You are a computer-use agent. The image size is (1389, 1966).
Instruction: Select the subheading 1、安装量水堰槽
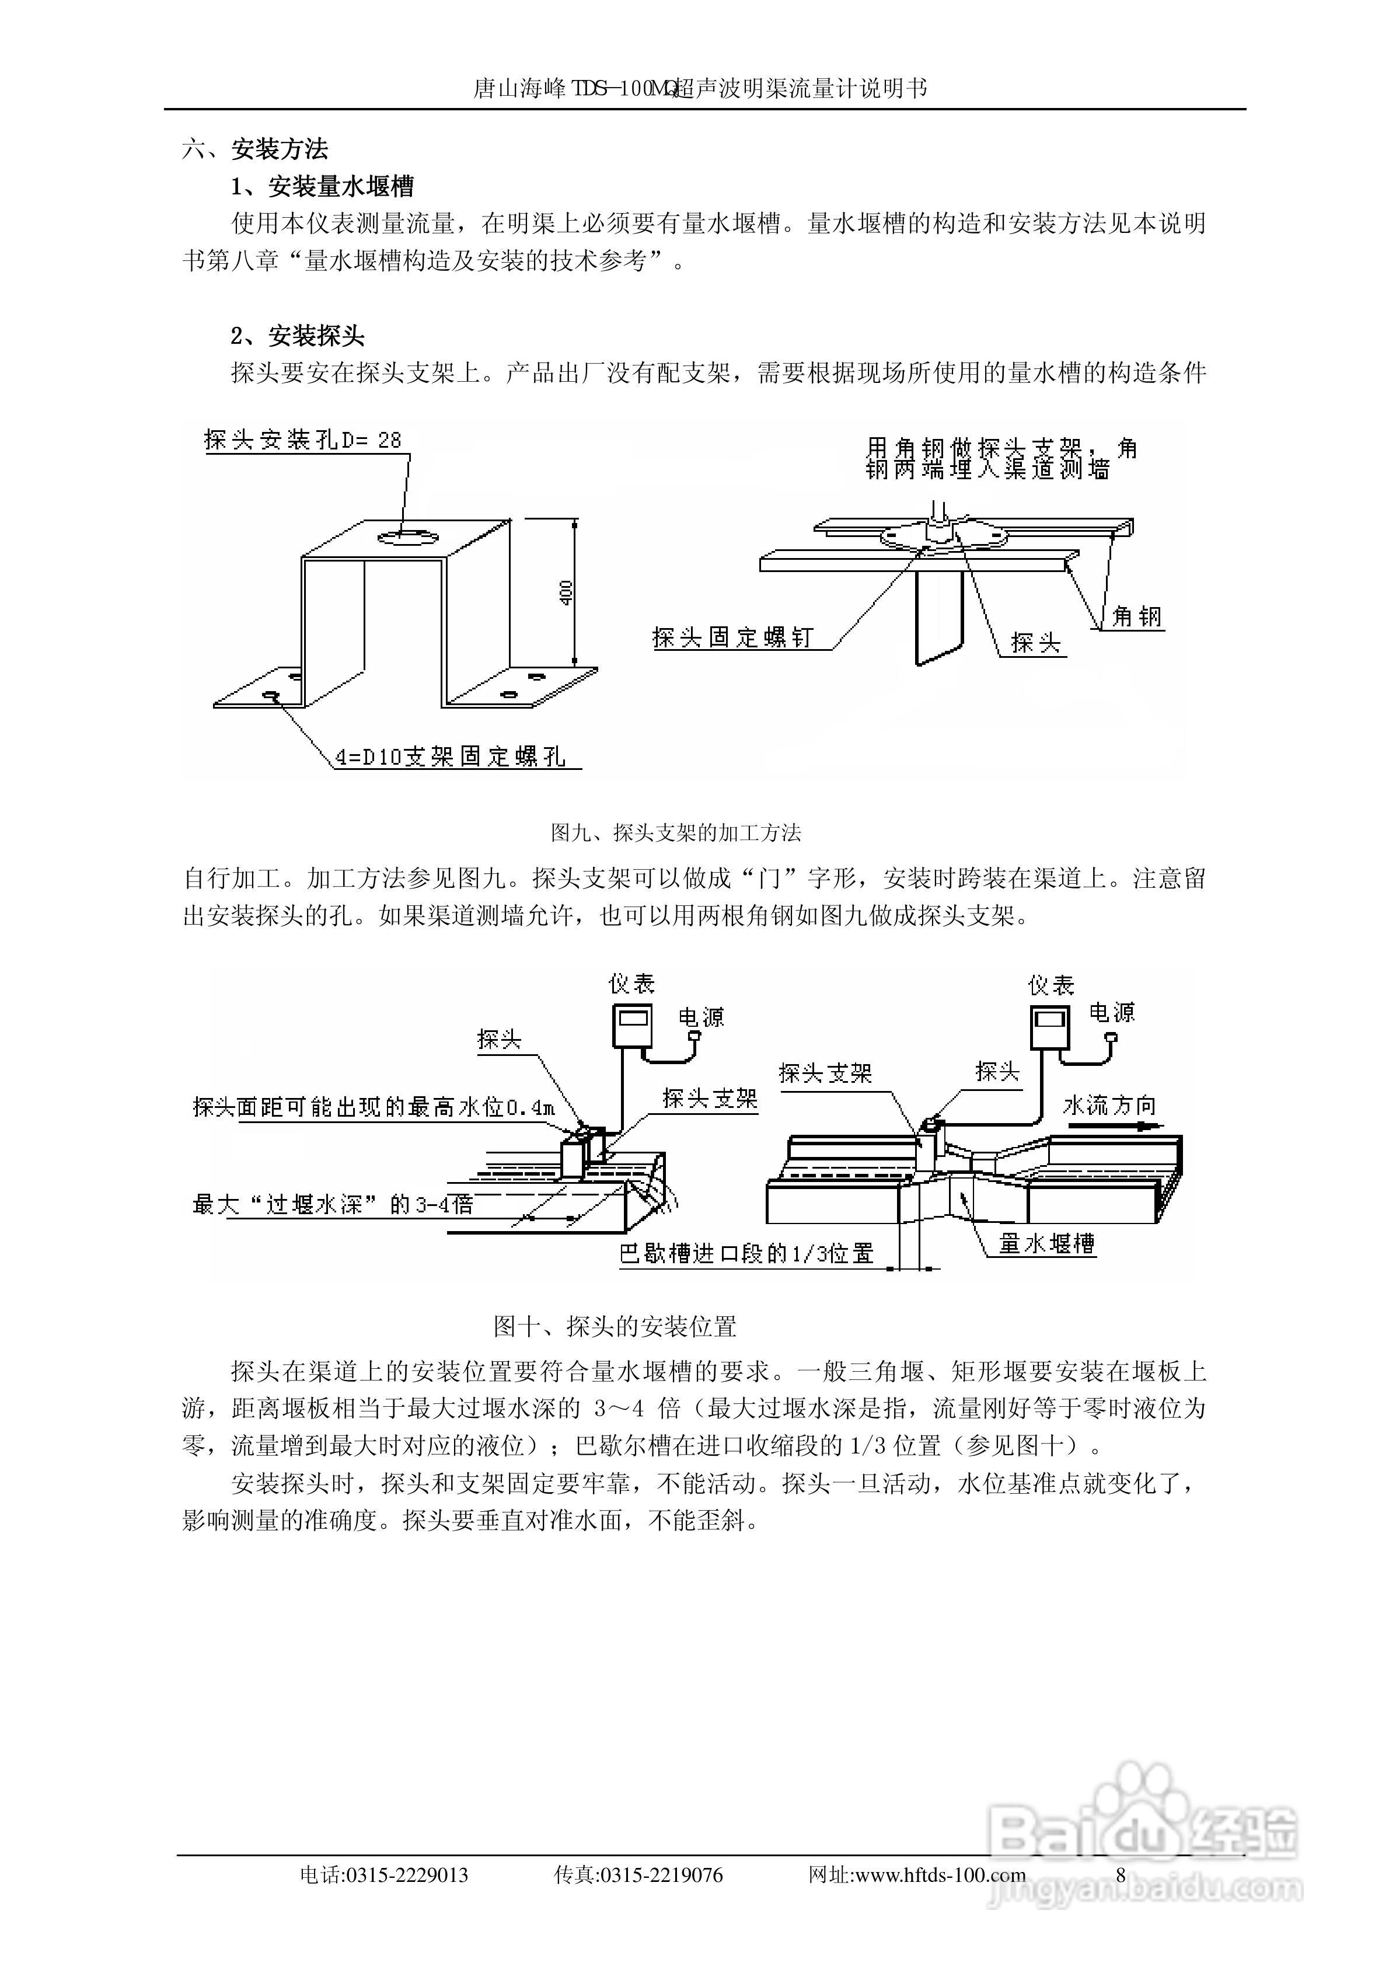322,187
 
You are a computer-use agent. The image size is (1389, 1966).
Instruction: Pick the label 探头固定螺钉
732,637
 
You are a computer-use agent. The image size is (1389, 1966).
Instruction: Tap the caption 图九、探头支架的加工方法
676,832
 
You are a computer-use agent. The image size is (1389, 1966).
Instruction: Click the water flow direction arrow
1139,1128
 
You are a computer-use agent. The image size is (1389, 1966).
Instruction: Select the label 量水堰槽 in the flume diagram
1046,1243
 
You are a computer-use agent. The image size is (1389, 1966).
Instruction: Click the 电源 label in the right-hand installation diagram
1112,1013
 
